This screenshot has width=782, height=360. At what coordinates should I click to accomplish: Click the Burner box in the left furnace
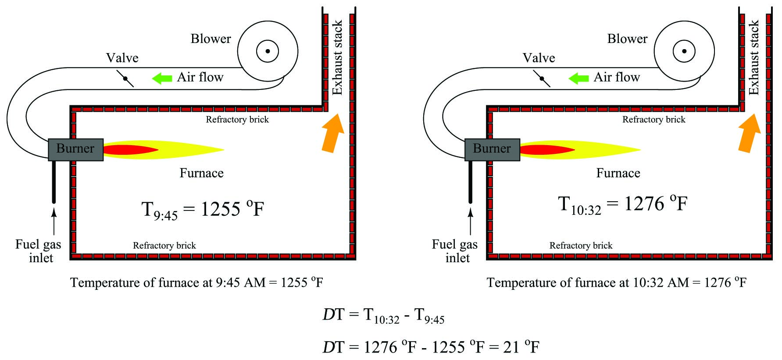coord(75,150)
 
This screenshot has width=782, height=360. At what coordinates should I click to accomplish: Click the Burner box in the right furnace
coord(492,150)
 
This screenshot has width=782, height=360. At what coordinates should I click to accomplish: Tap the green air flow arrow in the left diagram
coord(162,78)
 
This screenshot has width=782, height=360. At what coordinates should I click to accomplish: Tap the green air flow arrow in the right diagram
coord(578,78)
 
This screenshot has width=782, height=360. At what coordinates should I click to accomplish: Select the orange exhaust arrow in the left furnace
coord(333,133)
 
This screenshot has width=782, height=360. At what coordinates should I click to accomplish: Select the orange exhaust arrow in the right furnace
coord(750,133)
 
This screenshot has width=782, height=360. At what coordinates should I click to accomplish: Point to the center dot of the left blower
coord(268,51)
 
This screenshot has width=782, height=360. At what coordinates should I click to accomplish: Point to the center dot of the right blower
coord(684,51)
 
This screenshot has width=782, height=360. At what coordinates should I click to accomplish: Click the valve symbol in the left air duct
coord(125,78)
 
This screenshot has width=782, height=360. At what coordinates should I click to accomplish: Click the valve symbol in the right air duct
coord(542,78)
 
